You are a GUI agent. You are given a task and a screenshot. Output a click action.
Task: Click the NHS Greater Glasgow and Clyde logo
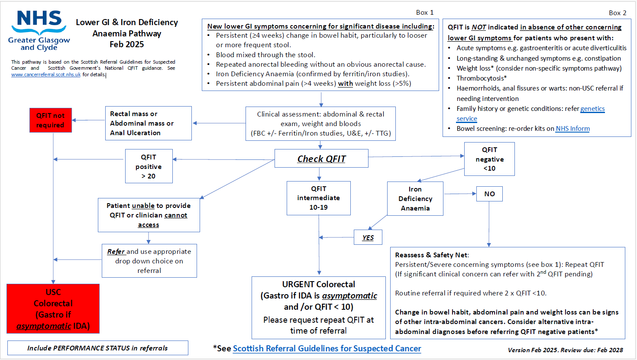pyautogui.click(x=39, y=30)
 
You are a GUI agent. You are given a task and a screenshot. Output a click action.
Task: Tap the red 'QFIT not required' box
pyautogui.click(x=50, y=120)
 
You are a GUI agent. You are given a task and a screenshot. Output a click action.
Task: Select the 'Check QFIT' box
pyautogui.click(x=321, y=159)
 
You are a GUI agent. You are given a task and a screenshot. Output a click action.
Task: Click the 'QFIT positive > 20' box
pyautogui.click(x=149, y=166)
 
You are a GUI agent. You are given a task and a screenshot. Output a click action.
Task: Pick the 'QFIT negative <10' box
pyautogui.click(x=489, y=159)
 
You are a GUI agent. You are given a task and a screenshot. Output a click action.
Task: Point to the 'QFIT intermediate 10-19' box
pyautogui.click(x=318, y=198)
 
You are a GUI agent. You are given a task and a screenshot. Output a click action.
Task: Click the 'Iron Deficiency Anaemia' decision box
pyautogui.click(x=415, y=198)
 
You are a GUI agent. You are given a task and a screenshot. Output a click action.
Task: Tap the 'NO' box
pyautogui.click(x=489, y=194)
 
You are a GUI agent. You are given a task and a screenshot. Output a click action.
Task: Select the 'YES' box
pyautogui.click(x=368, y=237)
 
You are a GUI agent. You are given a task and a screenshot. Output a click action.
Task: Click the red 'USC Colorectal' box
pyautogui.click(x=53, y=308)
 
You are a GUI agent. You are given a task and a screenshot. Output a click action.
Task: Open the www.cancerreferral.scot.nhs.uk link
pyautogui.click(x=46, y=75)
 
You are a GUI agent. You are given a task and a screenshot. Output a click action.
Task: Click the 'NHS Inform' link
pyautogui.click(x=572, y=129)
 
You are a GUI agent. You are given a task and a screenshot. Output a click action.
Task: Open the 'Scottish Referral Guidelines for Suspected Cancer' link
pyautogui.click(x=327, y=348)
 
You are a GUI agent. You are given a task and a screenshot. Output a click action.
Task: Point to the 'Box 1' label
pyautogui.click(x=424, y=13)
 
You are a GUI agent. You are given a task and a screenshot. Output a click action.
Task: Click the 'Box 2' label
pyautogui.click(x=617, y=13)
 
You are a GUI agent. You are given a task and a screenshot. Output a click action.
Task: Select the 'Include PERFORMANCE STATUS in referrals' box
pyautogui.click(x=97, y=348)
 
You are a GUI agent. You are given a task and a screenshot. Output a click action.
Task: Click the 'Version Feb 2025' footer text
pyautogui.click(x=565, y=350)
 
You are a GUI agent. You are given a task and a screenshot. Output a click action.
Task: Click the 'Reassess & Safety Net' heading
pyautogui.click(x=432, y=255)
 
